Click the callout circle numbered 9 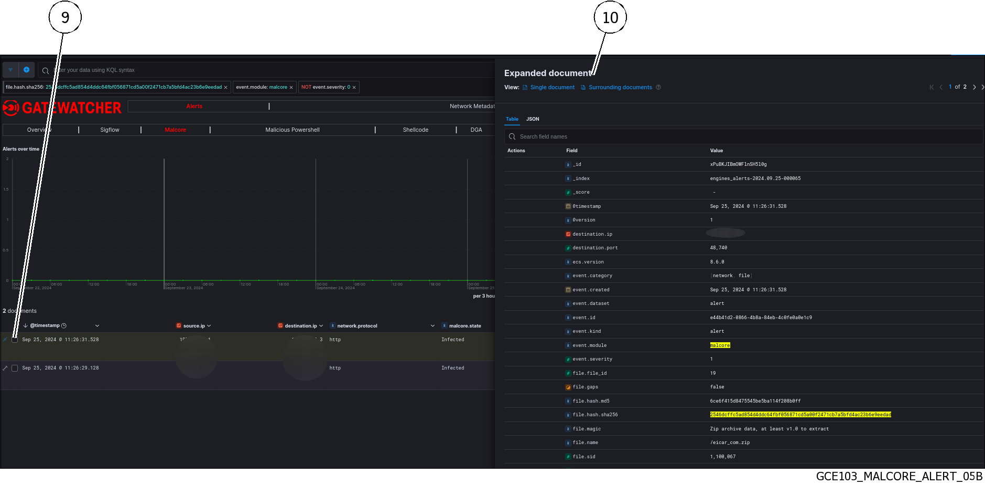pos(65,17)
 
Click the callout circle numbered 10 pos(610,17)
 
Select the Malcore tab pos(175,130)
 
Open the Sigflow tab pos(110,130)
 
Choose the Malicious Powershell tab pos(292,130)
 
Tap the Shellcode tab pos(415,130)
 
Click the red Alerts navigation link pos(194,106)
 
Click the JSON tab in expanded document pos(533,119)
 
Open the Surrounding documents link pos(620,87)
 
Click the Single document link pos(552,87)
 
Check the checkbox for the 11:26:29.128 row pos(15,368)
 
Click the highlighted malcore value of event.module pos(720,345)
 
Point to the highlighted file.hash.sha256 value pos(800,415)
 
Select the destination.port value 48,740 pos(718,248)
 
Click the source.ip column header pos(194,326)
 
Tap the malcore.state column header pos(464,326)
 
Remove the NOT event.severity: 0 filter pos(354,88)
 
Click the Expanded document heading pos(548,73)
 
